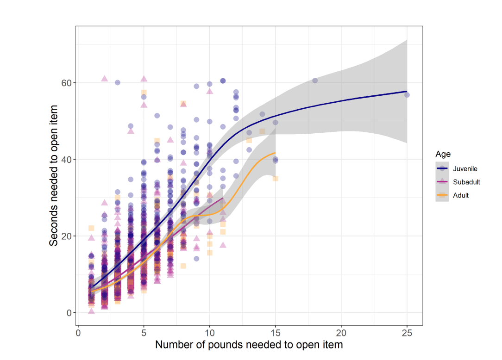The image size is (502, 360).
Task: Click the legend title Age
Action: point(443,154)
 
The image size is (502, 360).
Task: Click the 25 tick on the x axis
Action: point(407,332)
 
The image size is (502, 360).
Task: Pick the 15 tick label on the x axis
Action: point(276,332)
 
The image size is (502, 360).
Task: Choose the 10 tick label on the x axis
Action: point(210,332)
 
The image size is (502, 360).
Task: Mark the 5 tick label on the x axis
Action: point(144,332)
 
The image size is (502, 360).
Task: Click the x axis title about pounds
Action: point(249,345)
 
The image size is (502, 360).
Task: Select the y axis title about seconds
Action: point(55,174)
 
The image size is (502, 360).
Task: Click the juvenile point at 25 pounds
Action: point(407,95)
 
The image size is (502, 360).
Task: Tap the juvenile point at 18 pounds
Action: point(315,81)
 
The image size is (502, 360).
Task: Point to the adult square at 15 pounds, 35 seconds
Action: point(276,179)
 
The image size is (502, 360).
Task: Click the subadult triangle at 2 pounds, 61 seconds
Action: point(105,79)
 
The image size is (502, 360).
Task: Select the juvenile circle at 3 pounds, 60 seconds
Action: point(118,82)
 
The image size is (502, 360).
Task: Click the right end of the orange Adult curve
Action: point(276,153)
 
